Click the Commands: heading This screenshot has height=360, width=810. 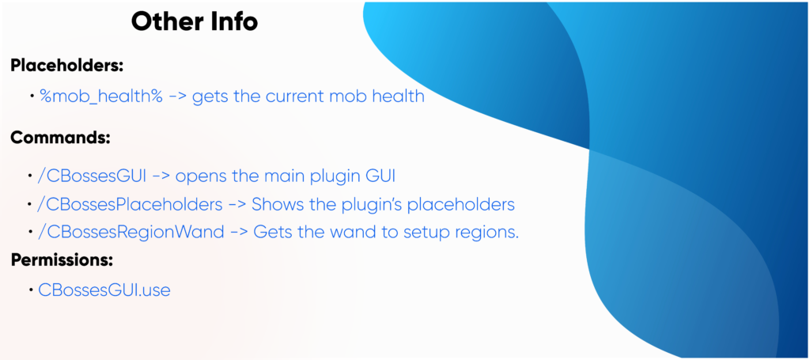click(x=60, y=138)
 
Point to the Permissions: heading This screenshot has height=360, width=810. click(x=62, y=260)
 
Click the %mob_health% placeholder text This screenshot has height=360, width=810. click(x=101, y=97)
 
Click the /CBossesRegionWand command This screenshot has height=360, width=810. click(x=131, y=233)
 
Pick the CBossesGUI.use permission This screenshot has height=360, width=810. click(x=104, y=290)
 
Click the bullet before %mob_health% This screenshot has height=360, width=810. click(x=32, y=96)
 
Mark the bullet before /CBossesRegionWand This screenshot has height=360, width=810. click(x=30, y=232)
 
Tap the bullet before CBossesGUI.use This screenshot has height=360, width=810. click(x=32, y=290)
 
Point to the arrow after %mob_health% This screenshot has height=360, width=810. click(x=178, y=97)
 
